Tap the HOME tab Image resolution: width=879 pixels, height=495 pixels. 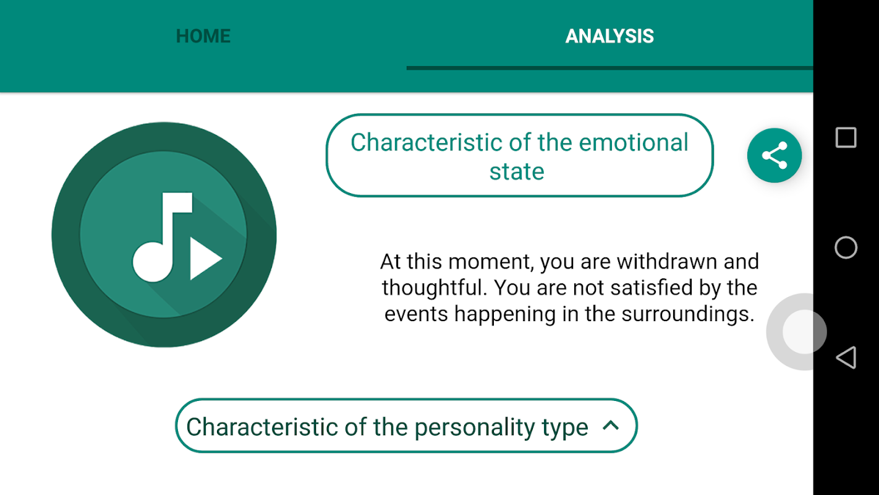[203, 36]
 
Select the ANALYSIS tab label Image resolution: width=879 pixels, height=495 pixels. [609, 36]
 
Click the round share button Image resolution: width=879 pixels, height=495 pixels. [775, 155]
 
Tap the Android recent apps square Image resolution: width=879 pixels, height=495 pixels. [846, 137]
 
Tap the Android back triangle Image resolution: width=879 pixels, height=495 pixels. [846, 358]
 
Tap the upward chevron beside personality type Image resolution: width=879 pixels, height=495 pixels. [611, 426]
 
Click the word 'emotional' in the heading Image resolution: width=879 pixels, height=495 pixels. [634, 142]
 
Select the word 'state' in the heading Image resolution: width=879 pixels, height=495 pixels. [517, 171]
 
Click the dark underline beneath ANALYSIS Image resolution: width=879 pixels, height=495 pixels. [610, 68]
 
